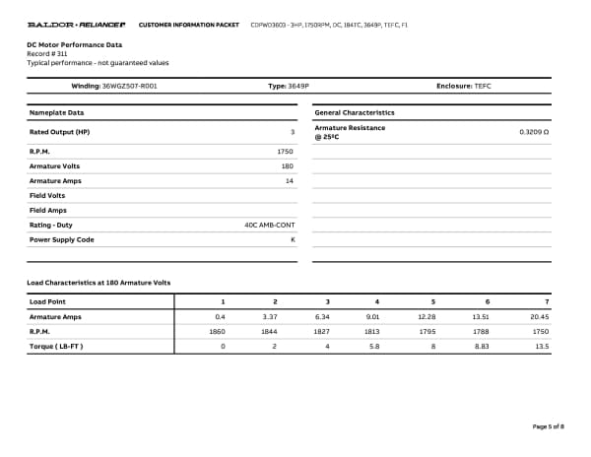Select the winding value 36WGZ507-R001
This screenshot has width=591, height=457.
click(x=129, y=87)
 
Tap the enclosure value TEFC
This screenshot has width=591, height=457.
click(x=482, y=87)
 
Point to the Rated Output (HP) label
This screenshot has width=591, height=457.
click(x=59, y=131)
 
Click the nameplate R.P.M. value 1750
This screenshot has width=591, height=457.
click(x=286, y=152)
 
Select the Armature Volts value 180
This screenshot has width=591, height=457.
click(x=288, y=166)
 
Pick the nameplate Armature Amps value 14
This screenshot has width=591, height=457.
click(x=290, y=181)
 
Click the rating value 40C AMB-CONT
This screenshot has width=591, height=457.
click(x=269, y=225)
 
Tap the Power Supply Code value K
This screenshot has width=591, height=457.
click(x=293, y=239)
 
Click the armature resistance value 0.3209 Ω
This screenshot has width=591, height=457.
click(x=533, y=131)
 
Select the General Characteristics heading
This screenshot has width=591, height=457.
click(x=354, y=112)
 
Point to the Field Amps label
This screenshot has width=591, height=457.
click(x=49, y=210)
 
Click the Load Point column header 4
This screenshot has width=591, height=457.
click(x=377, y=300)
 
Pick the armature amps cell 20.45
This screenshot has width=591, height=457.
click(x=539, y=317)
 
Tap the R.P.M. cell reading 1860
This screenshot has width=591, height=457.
click(x=218, y=332)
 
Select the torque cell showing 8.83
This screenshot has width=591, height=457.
click(x=482, y=347)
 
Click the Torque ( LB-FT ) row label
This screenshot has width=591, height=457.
click(x=56, y=347)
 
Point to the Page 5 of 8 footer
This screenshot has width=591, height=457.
click(x=548, y=426)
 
